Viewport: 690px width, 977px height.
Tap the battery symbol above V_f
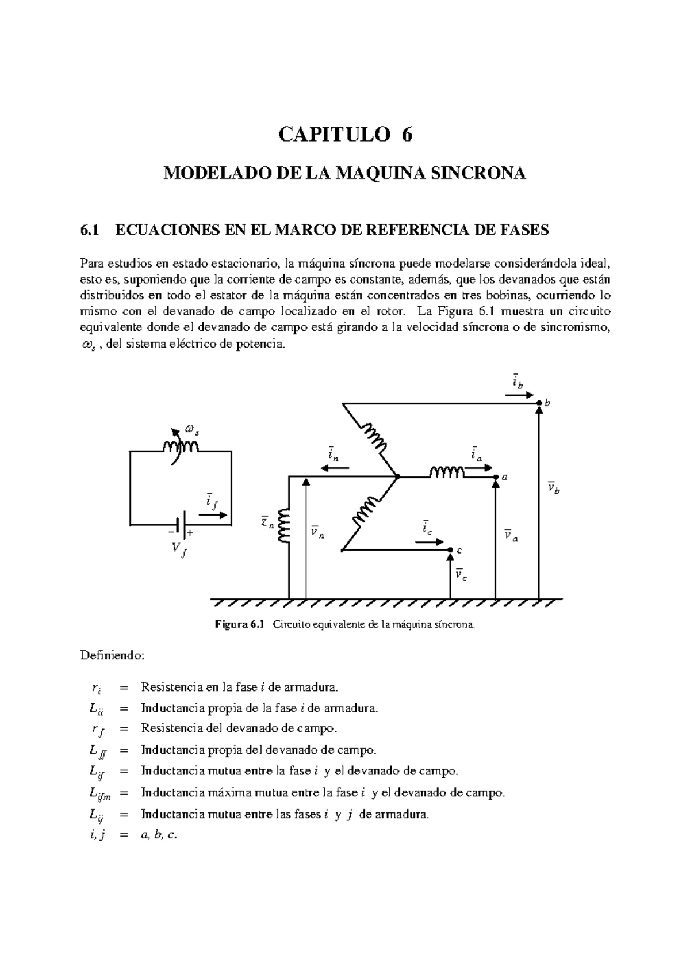tap(181, 524)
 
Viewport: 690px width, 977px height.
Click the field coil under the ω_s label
tap(181, 447)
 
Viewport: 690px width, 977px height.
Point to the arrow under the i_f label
tap(216, 516)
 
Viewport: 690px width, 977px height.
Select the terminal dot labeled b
tap(539, 403)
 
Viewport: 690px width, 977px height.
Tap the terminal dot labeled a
tap(496, 477)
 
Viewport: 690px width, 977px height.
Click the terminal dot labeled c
tap(450, 550)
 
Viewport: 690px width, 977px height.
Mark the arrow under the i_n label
tap(335, 468)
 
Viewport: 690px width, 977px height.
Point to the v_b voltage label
tap(554, 489)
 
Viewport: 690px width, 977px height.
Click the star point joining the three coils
tap(397, 476)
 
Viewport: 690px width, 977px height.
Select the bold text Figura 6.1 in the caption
tap(238, 624)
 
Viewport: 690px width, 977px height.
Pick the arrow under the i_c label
tap(429, 541)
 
